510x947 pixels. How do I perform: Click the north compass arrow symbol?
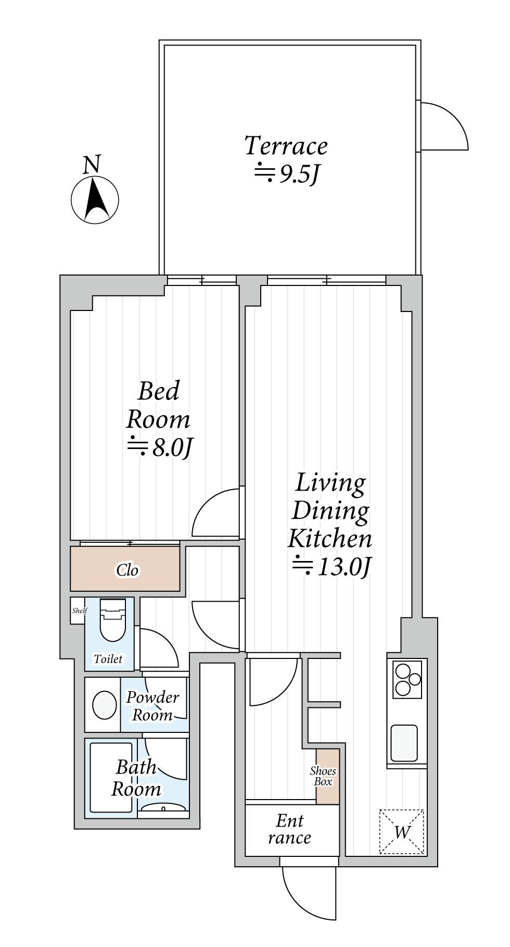click(x=95, y=200)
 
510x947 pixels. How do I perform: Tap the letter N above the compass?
click(x=92, y=165)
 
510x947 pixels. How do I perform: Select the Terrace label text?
click(x=286, y=146)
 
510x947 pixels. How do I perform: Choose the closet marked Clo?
click(x=125, y=569)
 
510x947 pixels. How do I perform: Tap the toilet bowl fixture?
click(x=113, y=620)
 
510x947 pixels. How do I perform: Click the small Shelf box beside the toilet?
click(x=78, y=610)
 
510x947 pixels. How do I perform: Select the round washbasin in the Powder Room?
click(x=105, y=705)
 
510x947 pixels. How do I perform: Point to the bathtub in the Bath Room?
click(x=111, y=777)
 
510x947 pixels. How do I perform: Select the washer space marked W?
click(x=401, y=832)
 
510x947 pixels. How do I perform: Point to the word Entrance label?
click(x=289, y=829)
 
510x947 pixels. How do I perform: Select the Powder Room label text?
click(x=152, y=706)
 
